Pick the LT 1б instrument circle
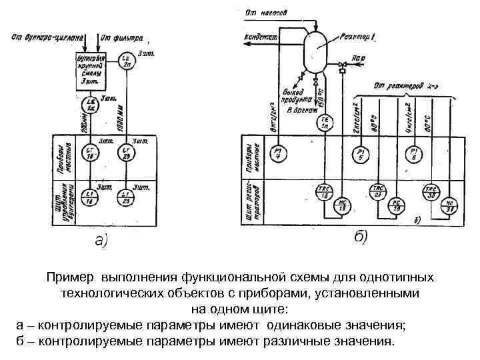(90, 153)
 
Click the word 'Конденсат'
(261, 37)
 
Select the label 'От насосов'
(266, 11)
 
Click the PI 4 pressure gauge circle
(277, 154)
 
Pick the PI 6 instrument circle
(414, 154)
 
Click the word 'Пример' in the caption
(71, 276)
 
